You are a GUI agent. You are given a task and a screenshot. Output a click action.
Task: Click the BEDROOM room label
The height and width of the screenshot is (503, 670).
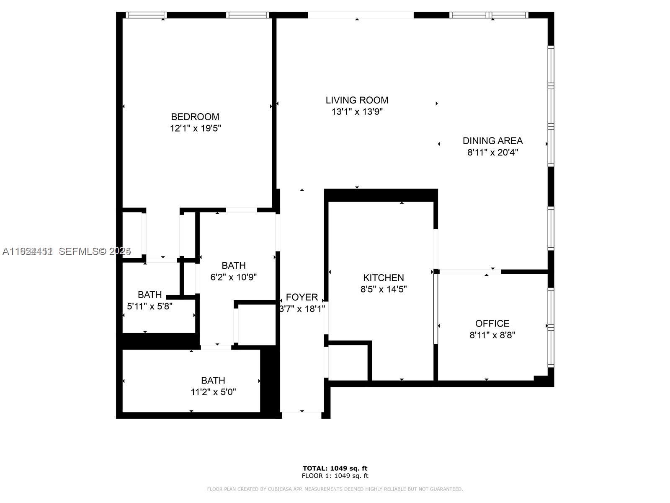[195, 117]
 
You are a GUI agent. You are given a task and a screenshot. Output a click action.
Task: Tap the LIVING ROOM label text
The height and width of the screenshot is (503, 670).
[357, 100]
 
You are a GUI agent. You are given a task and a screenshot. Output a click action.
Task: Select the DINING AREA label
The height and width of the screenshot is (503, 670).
[492, 141]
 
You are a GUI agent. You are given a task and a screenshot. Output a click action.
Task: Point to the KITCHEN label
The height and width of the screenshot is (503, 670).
[383, 277]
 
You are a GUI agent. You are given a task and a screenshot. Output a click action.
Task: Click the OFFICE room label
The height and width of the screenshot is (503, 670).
[492, 324]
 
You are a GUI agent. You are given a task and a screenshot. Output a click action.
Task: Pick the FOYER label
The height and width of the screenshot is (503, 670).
[301, 297]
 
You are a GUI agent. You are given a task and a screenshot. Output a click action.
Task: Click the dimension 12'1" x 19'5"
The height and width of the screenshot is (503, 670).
[195, 128]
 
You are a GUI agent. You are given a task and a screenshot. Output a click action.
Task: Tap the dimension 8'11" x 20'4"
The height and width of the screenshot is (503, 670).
[492, 153]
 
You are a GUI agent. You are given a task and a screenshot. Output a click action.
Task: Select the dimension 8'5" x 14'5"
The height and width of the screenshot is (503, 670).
[383, 289]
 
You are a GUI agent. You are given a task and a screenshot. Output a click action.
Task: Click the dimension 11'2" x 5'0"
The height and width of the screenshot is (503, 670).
[213, 392]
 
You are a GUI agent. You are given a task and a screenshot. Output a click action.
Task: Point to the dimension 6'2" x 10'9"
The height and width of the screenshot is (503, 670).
[233, 277]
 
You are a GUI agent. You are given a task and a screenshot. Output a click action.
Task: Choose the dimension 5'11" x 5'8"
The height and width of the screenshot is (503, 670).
[149, 306]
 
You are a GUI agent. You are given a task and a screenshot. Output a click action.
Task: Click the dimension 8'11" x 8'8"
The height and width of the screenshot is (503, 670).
[492, 335]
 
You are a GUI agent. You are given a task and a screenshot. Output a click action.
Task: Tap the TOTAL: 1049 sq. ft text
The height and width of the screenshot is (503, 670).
[335, 468]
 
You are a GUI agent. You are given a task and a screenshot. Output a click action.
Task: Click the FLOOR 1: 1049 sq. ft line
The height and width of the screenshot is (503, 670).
[335, 476]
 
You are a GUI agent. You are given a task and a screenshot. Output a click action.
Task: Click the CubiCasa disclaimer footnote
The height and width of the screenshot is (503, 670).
[335, 489]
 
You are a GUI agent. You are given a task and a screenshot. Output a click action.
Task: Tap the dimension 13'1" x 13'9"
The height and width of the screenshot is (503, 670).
[357, 112]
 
